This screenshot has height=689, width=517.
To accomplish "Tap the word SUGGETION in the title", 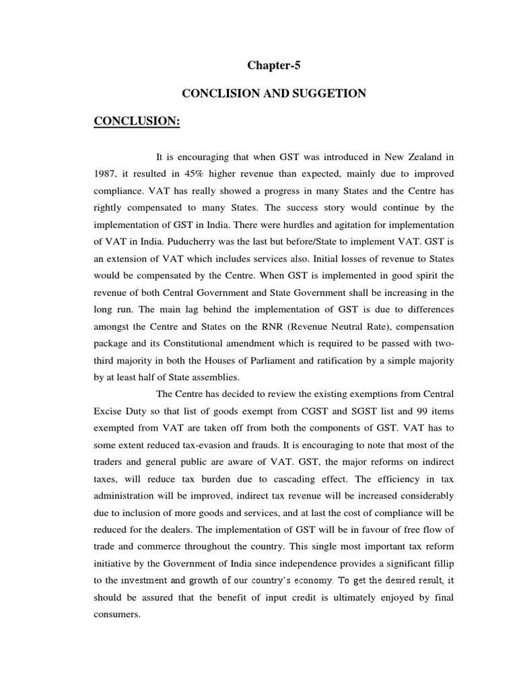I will [335, 94].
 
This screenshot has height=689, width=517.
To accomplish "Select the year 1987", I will [106, 173].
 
